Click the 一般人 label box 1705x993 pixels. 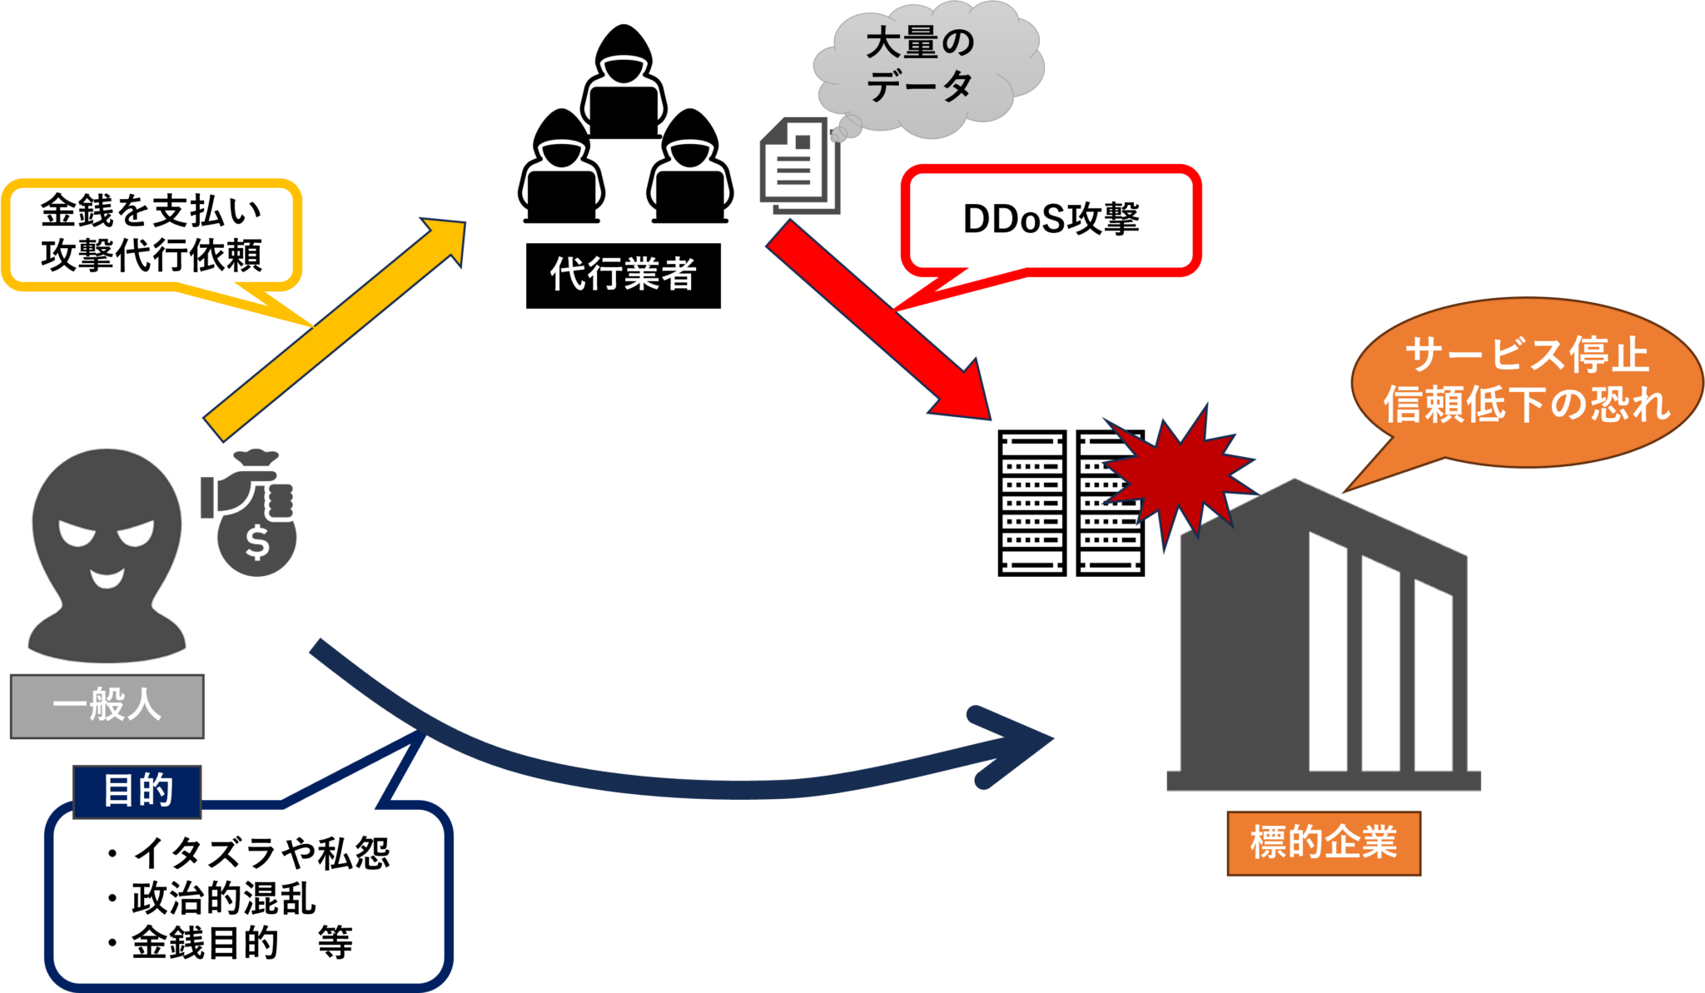pyautogui.click(x=107, y=706)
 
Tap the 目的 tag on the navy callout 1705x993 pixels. pyautogui.click(x=137, y=791)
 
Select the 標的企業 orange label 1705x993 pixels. pyautogui.click(x=1323, y=842)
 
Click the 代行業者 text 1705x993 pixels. pyautogui.click(x=623, y=274)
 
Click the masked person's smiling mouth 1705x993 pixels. pyautogui.click(x=107, y=577)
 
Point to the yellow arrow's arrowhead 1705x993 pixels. pyautogui.click(x=441, y=241)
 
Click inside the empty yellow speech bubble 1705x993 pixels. pyautogui.click(x=150, y=235)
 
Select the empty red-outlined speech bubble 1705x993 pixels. pyautogui.click(x=1051, y=221)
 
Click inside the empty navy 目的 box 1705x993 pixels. pyautogui.click(x=248, y=899)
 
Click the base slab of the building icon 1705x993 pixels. pyautogui.click(x=1324, y=780)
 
